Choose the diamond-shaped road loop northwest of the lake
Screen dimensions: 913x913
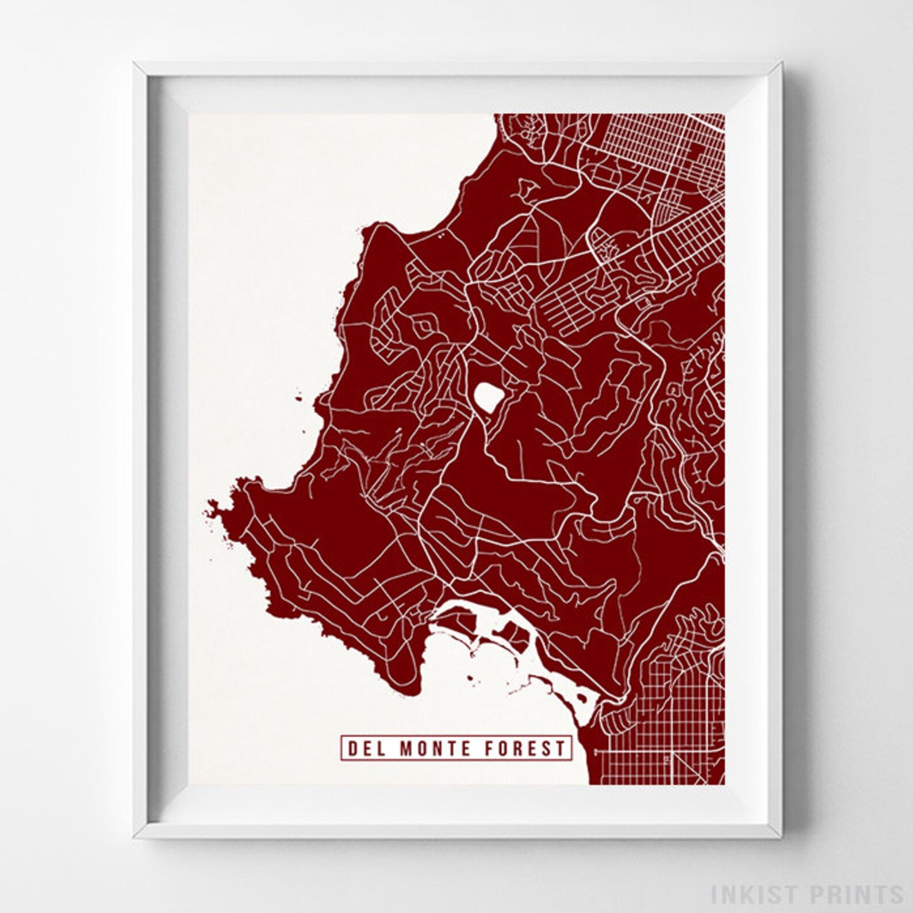click(426, 328)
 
